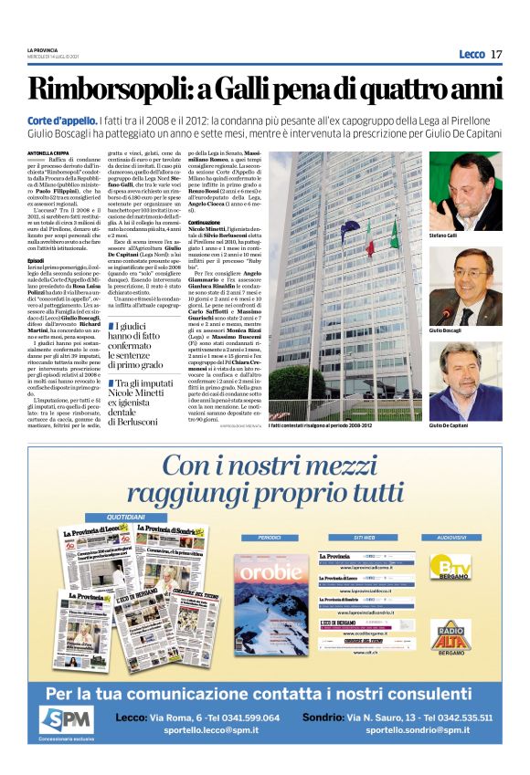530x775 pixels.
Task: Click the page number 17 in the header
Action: pyautogui.click(x=496, y=55)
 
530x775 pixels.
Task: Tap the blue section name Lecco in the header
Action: pyautogui.click(x=472, y=55)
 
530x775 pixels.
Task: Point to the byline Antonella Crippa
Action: pyautogui.click(x=47, y=152)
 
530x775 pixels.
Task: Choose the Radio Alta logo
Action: pyautogui.click(x=450, y=636)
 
